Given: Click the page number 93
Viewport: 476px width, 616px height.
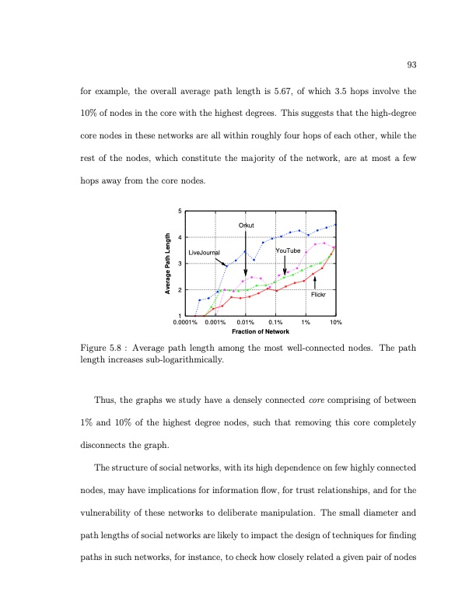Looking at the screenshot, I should pyautogui.click(x=411, y=65).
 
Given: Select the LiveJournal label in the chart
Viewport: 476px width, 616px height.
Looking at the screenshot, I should pyautogui.click(x=205, y=253).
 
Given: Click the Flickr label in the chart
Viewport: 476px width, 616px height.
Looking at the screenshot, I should pyautogui.click(x=318, y=295).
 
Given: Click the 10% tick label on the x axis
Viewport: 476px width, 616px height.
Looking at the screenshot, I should pyautogui.click(x=335, y=322).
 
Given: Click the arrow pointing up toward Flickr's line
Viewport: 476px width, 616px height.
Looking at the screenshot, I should pyautogui.click(x=314, y=282).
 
